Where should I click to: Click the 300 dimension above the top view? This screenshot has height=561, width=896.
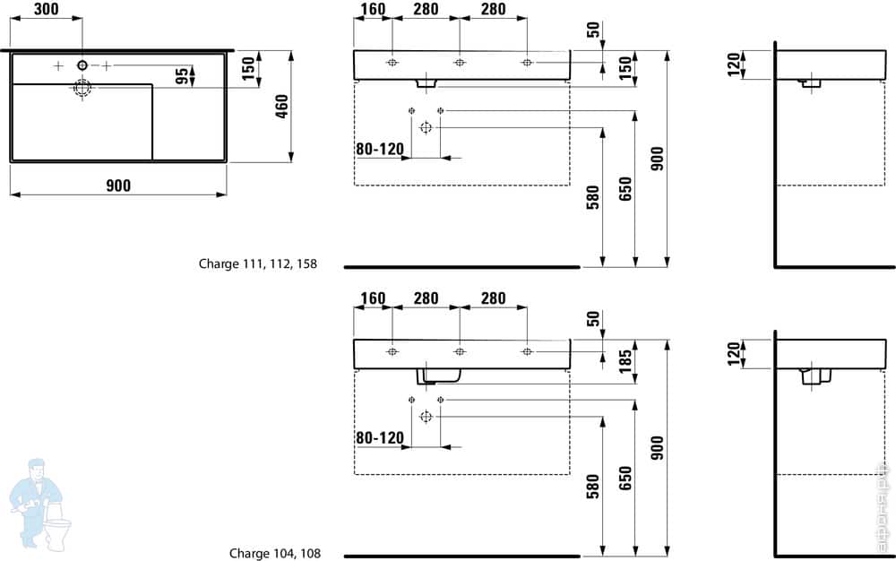click(x=47, y=10)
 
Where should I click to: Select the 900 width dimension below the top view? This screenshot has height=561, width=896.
click(x=118, y=186)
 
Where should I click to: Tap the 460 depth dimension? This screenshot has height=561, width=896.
click(x=281, y=108)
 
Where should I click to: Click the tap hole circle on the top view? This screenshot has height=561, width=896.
click(x=82, y=65)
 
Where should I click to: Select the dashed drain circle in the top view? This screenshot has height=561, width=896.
click(x=82, y=88)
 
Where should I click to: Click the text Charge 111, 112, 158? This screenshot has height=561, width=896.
click(x=258, y=264)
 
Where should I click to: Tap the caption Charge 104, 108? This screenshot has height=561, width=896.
click(x=274, y=554)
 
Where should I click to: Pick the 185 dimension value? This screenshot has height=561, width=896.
click(x=625, y=362)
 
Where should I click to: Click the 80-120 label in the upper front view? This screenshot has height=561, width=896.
click(x=380, y=149)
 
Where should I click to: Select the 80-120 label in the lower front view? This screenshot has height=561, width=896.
click(x=380, y=438)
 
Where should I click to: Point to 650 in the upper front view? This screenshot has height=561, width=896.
click(x=625, y=190)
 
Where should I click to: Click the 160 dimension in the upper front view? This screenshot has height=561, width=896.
click(x=373, y=10)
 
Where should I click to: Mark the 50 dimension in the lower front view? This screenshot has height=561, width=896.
click(x=592, y=319)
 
